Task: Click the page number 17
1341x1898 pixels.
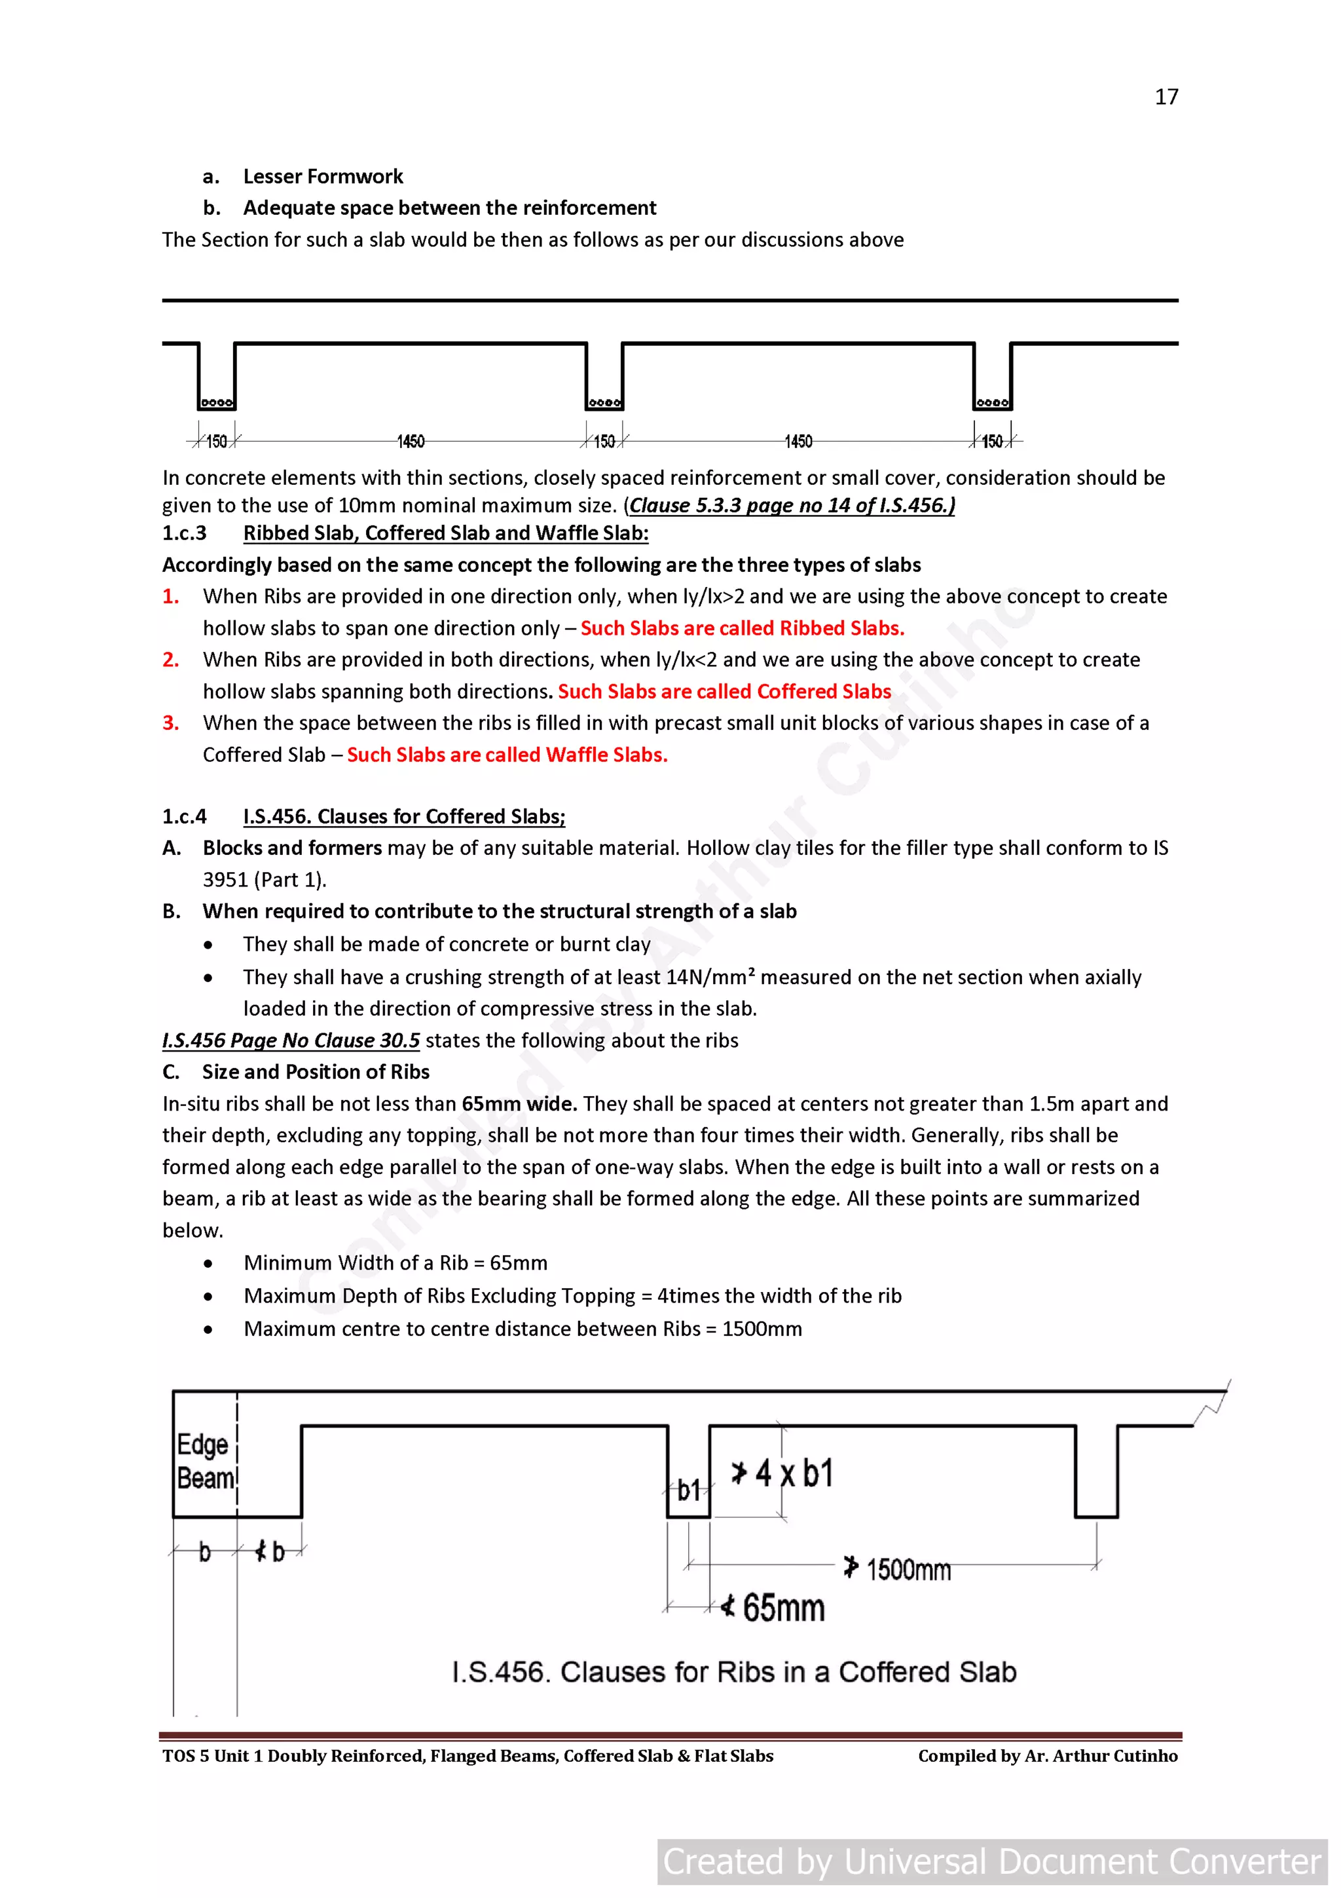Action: (x=1166, y=98)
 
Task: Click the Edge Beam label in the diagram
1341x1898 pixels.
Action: (x=203, y=1462)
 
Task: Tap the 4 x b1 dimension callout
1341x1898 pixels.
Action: (x=783, y=1473)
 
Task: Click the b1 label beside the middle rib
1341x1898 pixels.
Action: (x=688, y=1490)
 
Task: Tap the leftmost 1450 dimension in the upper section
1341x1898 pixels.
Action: (x=411, y=442)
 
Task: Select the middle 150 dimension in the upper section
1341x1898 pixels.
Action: (x=604, y=442)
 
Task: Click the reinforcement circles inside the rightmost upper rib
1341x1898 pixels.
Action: (x=992, y=402)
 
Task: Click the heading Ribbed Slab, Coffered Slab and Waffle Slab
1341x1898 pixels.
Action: (x=445, y=533)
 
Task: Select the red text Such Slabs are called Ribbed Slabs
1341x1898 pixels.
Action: (x=742, y=628)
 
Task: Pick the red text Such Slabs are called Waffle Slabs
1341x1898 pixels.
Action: (x=507, y=755)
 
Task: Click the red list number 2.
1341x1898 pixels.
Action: (x=170, y=660)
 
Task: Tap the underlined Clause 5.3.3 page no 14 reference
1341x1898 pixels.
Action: (x=791, y=505)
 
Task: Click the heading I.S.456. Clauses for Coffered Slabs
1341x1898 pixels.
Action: (x=404, y=817)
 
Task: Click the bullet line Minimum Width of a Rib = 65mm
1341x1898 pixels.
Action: (x=395, y=1263)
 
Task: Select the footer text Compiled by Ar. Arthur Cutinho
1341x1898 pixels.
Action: (x=1047, y=1756)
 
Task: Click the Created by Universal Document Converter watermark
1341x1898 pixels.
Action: (x=991, y=1861)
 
